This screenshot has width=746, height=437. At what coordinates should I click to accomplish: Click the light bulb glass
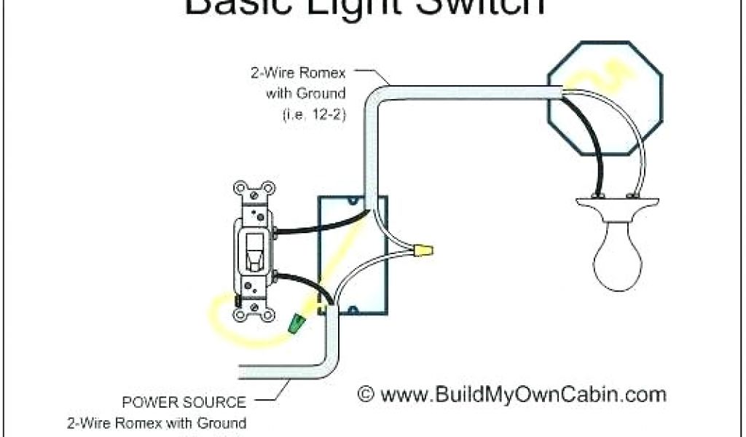pyautogui.click(x=618, y=255)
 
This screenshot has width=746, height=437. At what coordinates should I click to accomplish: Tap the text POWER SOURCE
pyautogui.click(x=184, y=402)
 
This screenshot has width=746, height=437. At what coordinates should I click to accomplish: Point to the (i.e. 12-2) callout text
pyautogui.click(x=313, y=114)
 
